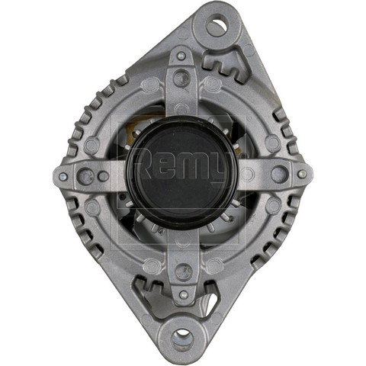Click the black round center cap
(182, 173)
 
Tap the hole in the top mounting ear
(216, 25)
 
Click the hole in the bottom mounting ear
(182, 339)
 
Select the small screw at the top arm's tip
(181, 56)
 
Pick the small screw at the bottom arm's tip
(183, 295)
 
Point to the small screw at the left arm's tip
(63, 176)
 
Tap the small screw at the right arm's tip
(301, 174)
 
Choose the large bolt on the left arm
(86, 176)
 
